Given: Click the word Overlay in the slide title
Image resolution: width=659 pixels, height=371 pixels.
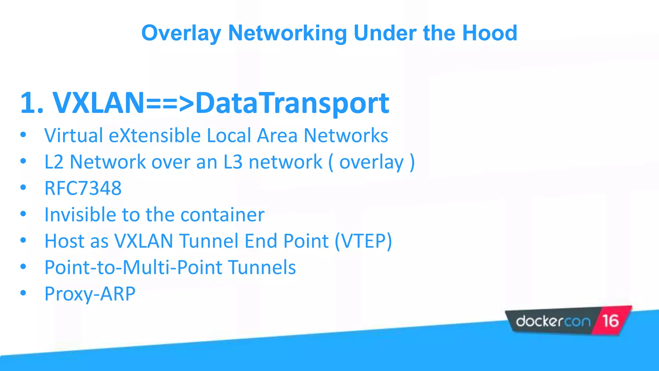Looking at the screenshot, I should (x=181, y=33).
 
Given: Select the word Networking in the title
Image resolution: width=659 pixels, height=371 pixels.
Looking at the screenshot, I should (x=287, y=33).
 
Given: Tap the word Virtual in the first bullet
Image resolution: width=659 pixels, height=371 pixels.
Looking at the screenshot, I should (x=74, y=135).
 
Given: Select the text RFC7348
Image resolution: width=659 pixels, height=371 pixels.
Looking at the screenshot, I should (x=83, y=188).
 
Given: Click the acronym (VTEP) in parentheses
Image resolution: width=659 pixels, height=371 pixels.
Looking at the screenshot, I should (x=363, y=241).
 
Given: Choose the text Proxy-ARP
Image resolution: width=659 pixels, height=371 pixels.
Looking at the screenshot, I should (x=90, y=294).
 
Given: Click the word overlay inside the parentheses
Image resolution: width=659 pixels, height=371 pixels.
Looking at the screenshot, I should (x=371, y=162).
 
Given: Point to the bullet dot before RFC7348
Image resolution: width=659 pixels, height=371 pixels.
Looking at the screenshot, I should (x=23, y=187).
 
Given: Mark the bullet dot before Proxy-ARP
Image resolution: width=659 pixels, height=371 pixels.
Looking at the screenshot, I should (x=23, y=293).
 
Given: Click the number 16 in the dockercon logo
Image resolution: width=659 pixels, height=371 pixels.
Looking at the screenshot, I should (x=610, y=321).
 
